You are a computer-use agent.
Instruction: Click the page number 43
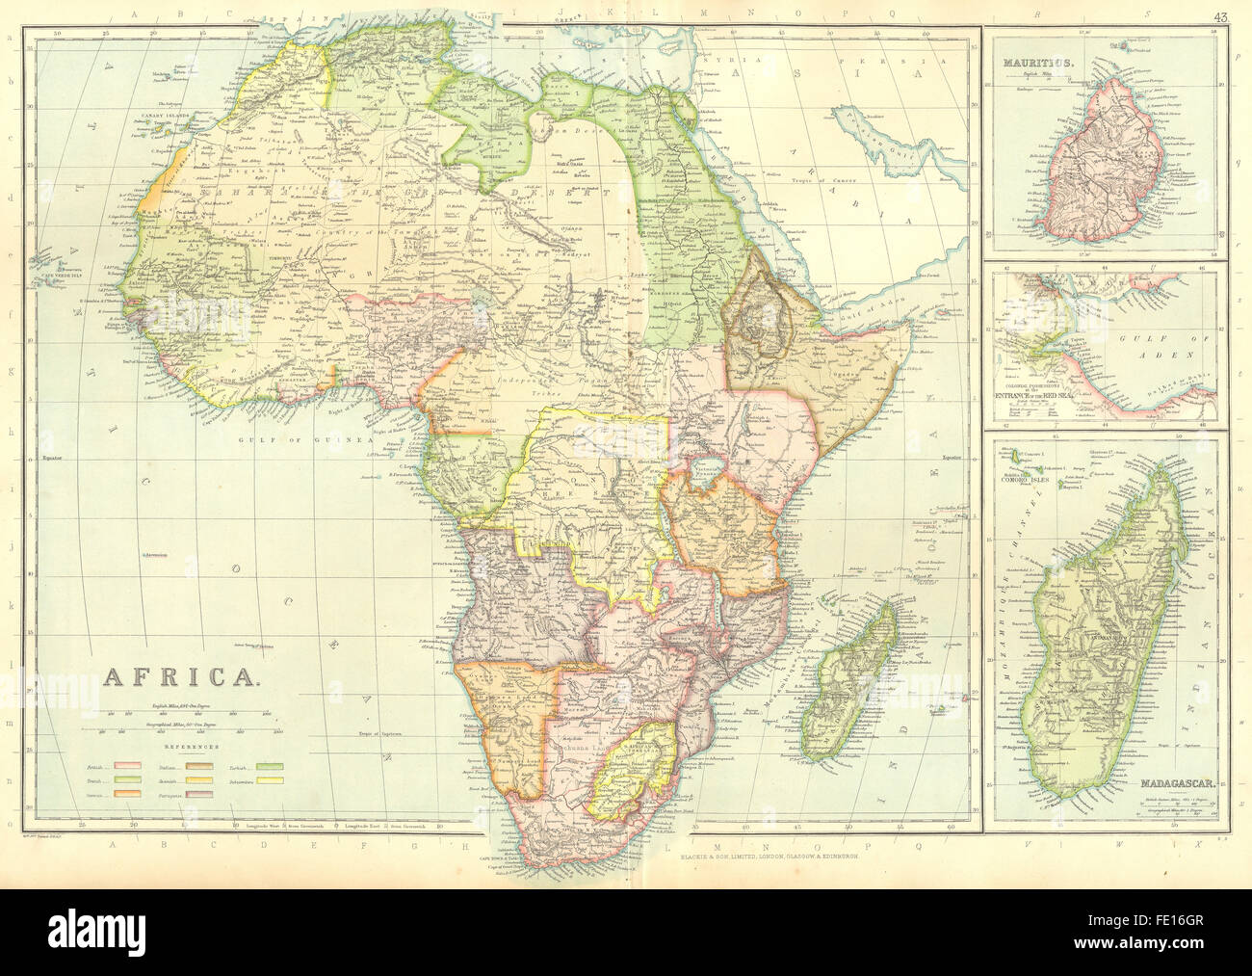[x=1220, y=15]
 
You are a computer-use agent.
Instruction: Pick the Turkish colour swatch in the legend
[x=274, y=767]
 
